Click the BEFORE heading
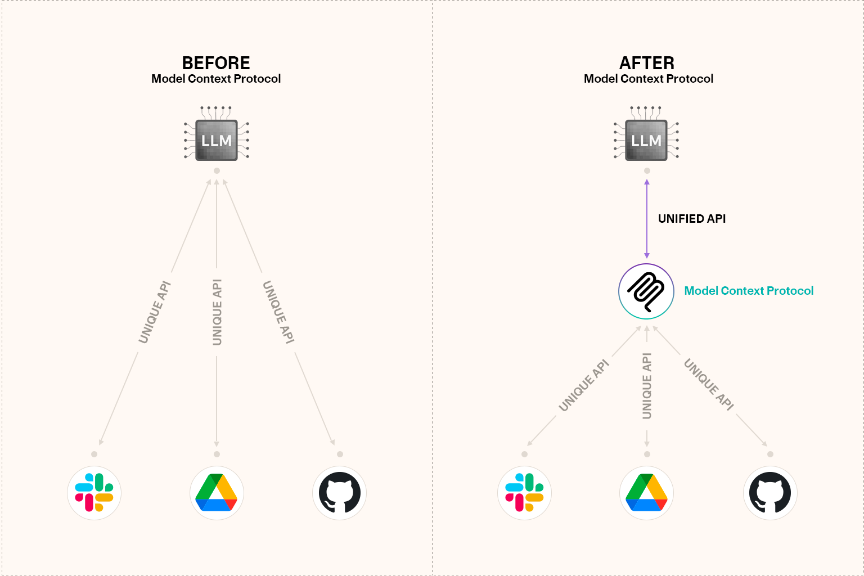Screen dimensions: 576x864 [x=216, y=62]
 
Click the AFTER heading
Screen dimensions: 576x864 [x=647, y=62]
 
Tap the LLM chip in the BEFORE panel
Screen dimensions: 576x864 [x=217, y=140]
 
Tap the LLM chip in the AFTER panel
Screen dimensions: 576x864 [x=646, y=140]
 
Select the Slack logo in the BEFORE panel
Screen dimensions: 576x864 [x=94, y=493]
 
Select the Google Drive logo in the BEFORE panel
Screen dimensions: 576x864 [x=217, y=493]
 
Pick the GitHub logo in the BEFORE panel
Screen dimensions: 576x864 [x=339, y=493]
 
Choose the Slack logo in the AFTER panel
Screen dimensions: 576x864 [x=524, y=493]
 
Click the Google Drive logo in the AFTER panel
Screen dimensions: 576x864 [x=647, y=493]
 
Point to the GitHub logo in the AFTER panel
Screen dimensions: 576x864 [x=770, y=493]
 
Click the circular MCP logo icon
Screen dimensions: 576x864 [x=646, y=291]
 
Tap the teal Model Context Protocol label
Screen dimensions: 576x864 [x=749, y=291]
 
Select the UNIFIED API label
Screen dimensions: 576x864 [x=692, y=219]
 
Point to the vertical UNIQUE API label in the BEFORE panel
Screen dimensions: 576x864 [x=217, y=312]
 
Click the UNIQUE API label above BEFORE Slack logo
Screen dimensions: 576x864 [x=155, y=312]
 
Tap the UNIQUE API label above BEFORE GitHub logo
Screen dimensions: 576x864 [x=278, y=312]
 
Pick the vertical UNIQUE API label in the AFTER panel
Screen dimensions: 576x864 [x=647, y=386]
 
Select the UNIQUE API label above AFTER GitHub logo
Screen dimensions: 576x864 [x=709, y=385]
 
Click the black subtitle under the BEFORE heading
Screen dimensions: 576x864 [x=216, y=79]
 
